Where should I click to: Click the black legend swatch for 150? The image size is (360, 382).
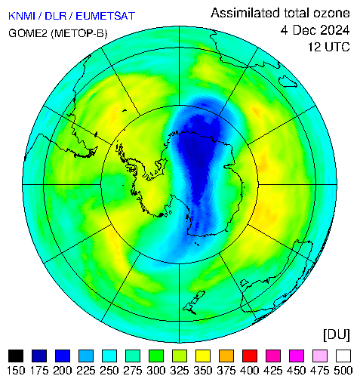click(x=16, y=356)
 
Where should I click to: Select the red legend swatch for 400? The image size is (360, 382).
click(x=250, y=356)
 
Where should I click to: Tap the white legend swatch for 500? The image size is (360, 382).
click(x=343, y=356)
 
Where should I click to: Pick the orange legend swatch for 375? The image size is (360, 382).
click(x=226, y=356)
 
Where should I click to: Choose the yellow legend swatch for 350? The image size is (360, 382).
click(x=203, y=356)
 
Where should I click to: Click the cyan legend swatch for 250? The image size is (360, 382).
click(x=109, y=356)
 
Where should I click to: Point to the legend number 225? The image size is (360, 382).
click(x=86, y=371)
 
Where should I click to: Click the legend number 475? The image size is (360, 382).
click(x=320, y=371)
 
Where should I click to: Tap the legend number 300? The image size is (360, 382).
click(x=156, y=371)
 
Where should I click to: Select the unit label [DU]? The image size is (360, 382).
click(x=337, y=335)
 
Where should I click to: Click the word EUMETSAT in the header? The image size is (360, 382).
click(x=106, y=16)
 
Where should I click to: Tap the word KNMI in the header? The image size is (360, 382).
click(x=22, y=16)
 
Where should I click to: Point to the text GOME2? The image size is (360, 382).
click(x=28, y=33)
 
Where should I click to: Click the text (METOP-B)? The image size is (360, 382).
click(x=79, y=33)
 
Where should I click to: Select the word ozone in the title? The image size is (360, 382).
click(x=331, y=14)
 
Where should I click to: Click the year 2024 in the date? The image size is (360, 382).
click(x=335, y=30)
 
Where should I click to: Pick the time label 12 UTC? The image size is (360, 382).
click(x=329, y=47)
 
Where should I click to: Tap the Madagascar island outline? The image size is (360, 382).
click(x=288, y=81)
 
